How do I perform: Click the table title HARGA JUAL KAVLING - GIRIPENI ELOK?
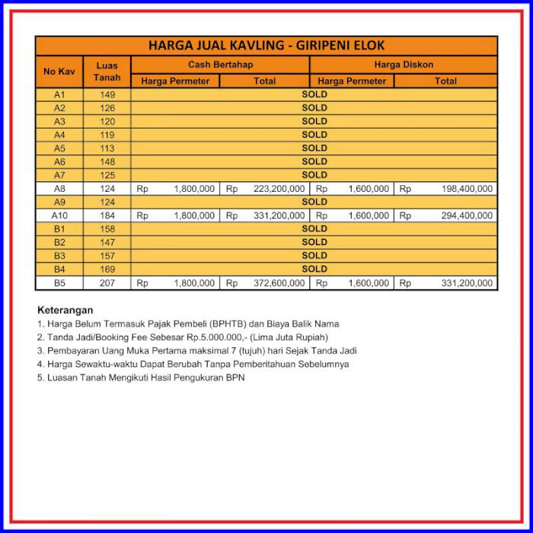tap(266, 46)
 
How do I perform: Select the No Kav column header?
tap(59, 72)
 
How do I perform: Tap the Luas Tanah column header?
tap(107, 72)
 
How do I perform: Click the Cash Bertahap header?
tap(220, 65)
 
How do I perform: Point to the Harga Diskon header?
tap(404, 65)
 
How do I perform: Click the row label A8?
tap(59, 189)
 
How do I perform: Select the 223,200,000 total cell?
tap(279, 189)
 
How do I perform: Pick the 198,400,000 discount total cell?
tap(467, 189)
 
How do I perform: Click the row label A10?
tap(59, 215)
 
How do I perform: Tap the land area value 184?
tap(107, 215)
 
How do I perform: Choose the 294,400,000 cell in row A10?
tap(467, 215)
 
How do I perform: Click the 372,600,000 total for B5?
tap(279, 282)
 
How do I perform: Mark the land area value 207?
tap(107, 282)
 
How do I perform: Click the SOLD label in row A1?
tap(314, 94)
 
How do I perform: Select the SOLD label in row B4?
tap(314, 269)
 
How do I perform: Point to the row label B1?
tap(59, 228)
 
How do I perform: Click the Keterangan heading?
tap(65, 310)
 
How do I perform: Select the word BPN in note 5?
tap(235, 378)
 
